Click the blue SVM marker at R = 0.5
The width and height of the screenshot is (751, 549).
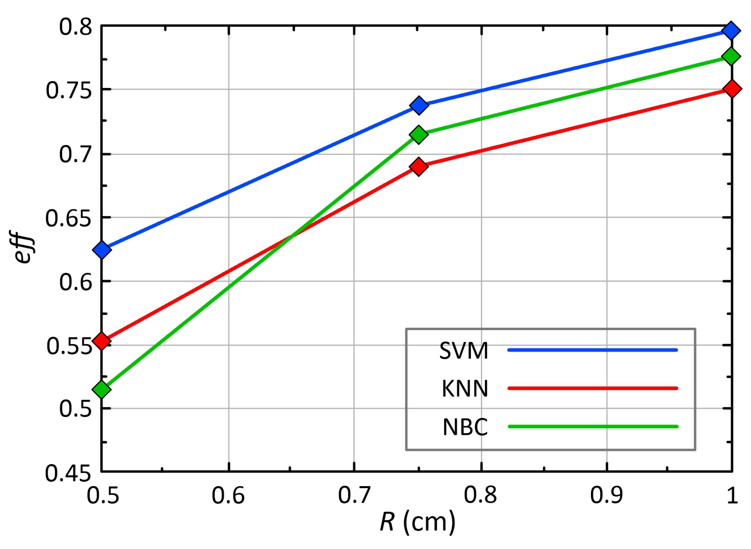click(102, 250)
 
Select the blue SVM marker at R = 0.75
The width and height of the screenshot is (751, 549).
click(419, 105)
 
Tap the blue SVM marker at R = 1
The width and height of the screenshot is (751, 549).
click(731, 31)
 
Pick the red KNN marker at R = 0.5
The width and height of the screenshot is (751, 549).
click(102, 341)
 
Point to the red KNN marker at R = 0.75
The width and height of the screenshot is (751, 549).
click(419, 167)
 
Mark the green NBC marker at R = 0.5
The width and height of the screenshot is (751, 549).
click(102, 389)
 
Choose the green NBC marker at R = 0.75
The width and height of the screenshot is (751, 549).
click(419, 135)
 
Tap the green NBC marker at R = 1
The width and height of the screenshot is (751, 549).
click(731, 56)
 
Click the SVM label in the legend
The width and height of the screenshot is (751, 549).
click(464, 351)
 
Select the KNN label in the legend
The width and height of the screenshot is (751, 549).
click(465, 388)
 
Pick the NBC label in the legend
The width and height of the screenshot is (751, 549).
click(465, 427)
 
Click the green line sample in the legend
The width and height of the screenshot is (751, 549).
click(593, 426)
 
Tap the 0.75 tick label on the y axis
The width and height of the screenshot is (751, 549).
click(68, 90)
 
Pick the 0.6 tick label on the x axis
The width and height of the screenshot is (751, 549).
click(228, 495)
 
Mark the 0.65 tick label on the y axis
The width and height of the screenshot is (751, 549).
click(68, 218)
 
